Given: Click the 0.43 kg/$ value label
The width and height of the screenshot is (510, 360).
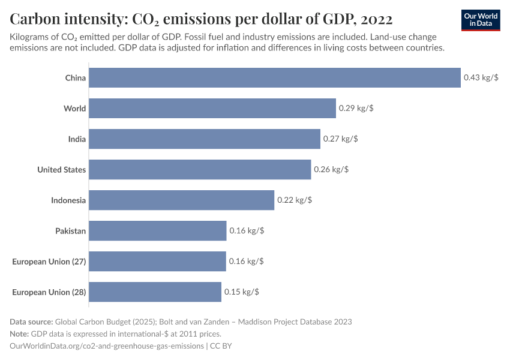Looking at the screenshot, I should click(481, 78).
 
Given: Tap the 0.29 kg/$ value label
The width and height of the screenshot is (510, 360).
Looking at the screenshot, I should click(356, 109).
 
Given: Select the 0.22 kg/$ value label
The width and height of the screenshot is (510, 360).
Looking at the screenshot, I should click(295, 200).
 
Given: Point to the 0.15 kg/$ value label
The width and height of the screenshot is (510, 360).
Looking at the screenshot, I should click(242, 292).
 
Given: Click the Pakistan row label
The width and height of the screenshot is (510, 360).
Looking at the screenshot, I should click(70, 231).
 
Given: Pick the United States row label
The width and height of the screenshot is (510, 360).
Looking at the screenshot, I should click(61, 170).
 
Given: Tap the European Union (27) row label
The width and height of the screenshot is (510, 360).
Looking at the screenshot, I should click(49, 262).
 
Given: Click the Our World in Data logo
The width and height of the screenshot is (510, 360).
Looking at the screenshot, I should click(481, 20).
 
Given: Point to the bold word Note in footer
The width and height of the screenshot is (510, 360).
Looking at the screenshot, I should click(20, 334).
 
